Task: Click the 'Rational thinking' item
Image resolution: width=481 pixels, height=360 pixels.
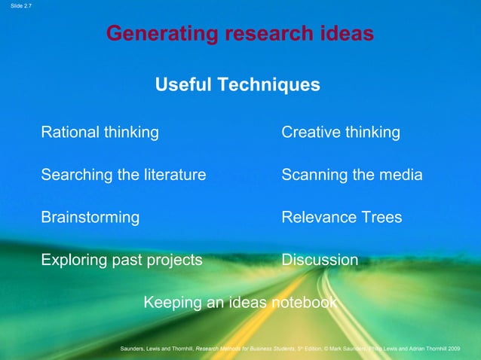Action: click(x=100, y=133)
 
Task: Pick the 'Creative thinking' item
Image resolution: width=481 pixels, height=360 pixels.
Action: click(x=340, y=133)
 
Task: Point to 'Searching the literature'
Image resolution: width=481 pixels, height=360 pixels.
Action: click(x=123, y=175)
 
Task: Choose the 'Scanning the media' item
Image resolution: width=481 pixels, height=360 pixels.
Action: click(x=351, y=175)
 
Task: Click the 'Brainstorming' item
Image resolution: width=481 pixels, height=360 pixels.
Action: click(x=90, y=218)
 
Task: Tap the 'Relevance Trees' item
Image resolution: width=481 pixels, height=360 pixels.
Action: click(x=342, y=218)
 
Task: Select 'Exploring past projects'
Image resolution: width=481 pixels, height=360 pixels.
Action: click(x=121, y=261)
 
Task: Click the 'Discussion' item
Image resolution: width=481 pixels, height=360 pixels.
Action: click(x=320, y=261)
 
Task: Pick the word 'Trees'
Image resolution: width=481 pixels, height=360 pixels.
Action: click(x=381, y=218)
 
